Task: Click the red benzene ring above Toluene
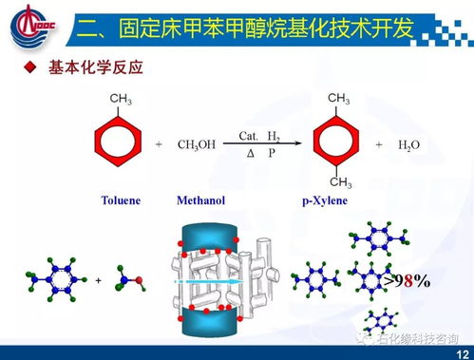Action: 120,143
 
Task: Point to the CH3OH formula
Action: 196,144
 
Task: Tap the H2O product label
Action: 409,144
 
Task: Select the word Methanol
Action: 199,200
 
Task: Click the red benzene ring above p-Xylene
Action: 338,143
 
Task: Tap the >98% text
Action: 407,281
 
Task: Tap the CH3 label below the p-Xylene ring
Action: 339,183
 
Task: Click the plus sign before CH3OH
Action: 159,144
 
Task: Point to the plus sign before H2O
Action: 378,144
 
